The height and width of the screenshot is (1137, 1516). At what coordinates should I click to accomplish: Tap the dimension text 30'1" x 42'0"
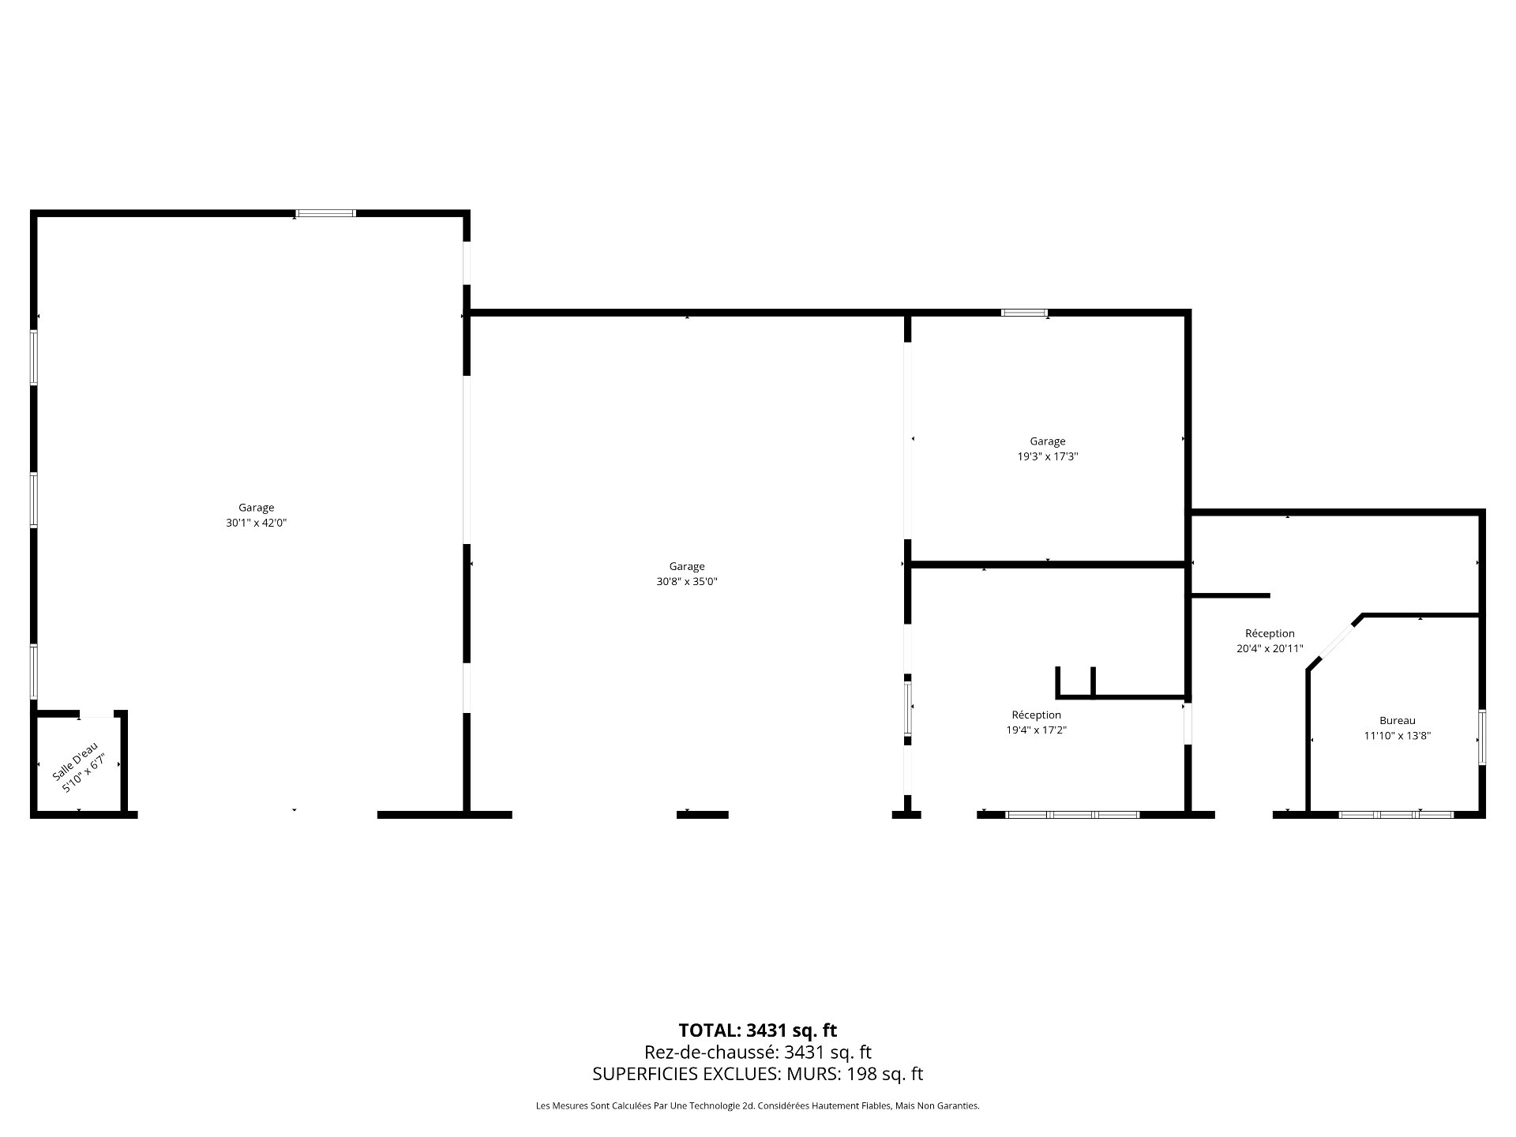pyautogui.click(x=256, y=523)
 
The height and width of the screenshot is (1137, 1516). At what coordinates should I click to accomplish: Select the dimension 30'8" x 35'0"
pyautogui.click(x=686, y=582)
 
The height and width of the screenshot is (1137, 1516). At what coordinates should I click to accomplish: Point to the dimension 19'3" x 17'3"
pyautogui.click(x=1047, y=456)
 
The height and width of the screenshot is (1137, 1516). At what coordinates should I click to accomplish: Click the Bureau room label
pyautogui.click(x=1397, y=720)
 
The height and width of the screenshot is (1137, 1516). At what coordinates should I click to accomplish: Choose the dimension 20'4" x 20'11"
pyautogui.click(x=1269, y=648)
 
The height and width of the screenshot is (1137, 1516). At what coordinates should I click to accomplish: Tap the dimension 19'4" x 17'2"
pyautogui.click(x=1036, y=730)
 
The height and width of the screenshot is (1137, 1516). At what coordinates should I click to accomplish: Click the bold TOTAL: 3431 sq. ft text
pyautogui.click(x=757, y=1030)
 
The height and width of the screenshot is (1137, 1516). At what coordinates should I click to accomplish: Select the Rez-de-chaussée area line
pyautogui.click(x=757, y=1052)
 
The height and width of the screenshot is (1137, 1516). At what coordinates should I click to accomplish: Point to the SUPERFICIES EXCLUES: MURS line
pyautogui.click(x=757, y=1074)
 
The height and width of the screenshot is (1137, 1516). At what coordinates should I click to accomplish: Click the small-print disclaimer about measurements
pyautogui.click(x=757, y=1106)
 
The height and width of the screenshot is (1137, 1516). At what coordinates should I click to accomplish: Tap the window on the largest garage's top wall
pyautogui.click(x=325, y=213)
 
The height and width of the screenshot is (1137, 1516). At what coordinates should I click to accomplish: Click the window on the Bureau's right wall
pyautogui.click(x=1482, y=737)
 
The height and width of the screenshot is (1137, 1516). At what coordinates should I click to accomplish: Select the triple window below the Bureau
pyautogui.click(x=1396, y=814)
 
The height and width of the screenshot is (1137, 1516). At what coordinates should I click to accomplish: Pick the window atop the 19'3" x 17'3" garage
pyautogui.click(x=1024, y=313)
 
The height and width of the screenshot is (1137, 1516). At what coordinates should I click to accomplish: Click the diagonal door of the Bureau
pyautogui.click(x=1334, y=644)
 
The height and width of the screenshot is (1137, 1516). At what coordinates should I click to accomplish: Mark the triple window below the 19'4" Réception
pyautogui.click(x=1072, y=814)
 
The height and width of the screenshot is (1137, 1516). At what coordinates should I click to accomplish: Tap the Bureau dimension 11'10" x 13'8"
pyautogui.click(x=1397, y=736)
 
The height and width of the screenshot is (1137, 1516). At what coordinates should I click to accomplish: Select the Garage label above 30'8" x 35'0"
pyautogui.click(x=686, y=566)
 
